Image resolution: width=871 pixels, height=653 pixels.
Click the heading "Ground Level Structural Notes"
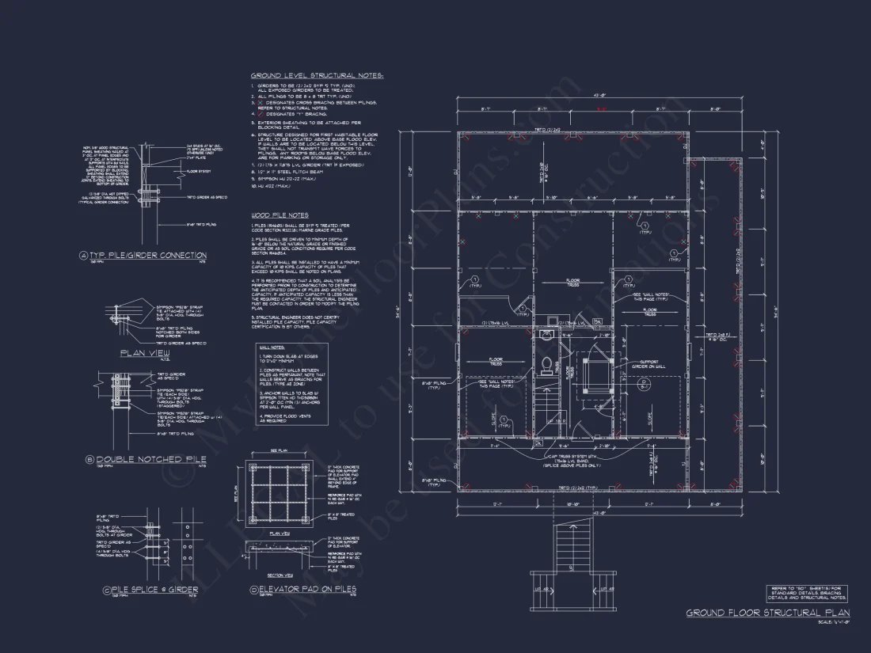(317, 75)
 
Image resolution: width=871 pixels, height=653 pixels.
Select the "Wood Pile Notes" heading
(280, 215)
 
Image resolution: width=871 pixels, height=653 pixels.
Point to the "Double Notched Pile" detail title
(150, 459)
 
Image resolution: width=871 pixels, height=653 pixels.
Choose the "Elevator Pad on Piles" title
(308, 590)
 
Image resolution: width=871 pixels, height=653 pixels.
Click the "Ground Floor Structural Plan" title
(767, 613)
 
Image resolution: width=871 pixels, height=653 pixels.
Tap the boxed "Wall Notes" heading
(272, 347)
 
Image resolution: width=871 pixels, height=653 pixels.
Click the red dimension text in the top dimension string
(601, 108)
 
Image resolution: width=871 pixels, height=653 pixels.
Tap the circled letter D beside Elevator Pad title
(253, 590)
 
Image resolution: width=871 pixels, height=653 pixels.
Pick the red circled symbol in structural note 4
(257, 112)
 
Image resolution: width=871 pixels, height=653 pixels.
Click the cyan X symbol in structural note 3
(257, 103)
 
